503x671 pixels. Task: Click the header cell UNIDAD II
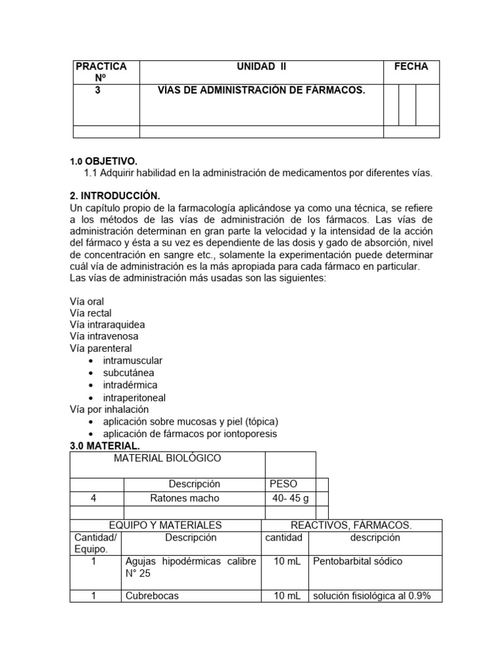pyautogui.click(x=261, y=66)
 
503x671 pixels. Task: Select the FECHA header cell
pyautogui.click(x=411, y=66)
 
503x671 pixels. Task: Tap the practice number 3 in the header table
pyautogui.click(x=98, y=90)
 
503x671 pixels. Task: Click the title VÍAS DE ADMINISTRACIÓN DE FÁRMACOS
pyautogui.click(x=261, y=90)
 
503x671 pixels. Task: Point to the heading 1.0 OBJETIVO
pyautogui.click(x=103, y=161)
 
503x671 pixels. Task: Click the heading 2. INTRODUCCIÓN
pyautogui.click(x=115, y=195)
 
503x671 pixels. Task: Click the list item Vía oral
pyautogui.click(x=86, y=301)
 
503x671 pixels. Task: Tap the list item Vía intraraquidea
pyautogui.click(x=107, y=324)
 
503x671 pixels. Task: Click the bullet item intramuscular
pyautogui.click(x=132, y=360)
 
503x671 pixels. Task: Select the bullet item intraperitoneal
pyautogui.click(x=134, y=397)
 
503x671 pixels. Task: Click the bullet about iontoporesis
pyautogui.click(x=190, y=433)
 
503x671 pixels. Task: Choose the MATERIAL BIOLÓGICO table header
pyautogui.click(x=167, y=458)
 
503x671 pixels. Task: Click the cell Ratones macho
pyautogui.click(x=194, y=498)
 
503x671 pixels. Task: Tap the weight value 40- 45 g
pyautogui.click(x=290, y=498)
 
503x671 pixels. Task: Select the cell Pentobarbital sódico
pyautogui.click(x=358, y=561)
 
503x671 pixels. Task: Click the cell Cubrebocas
pyautogui.click(x=151, y=596)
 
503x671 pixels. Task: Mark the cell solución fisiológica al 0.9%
pyautogui.click(x=371, y=596)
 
